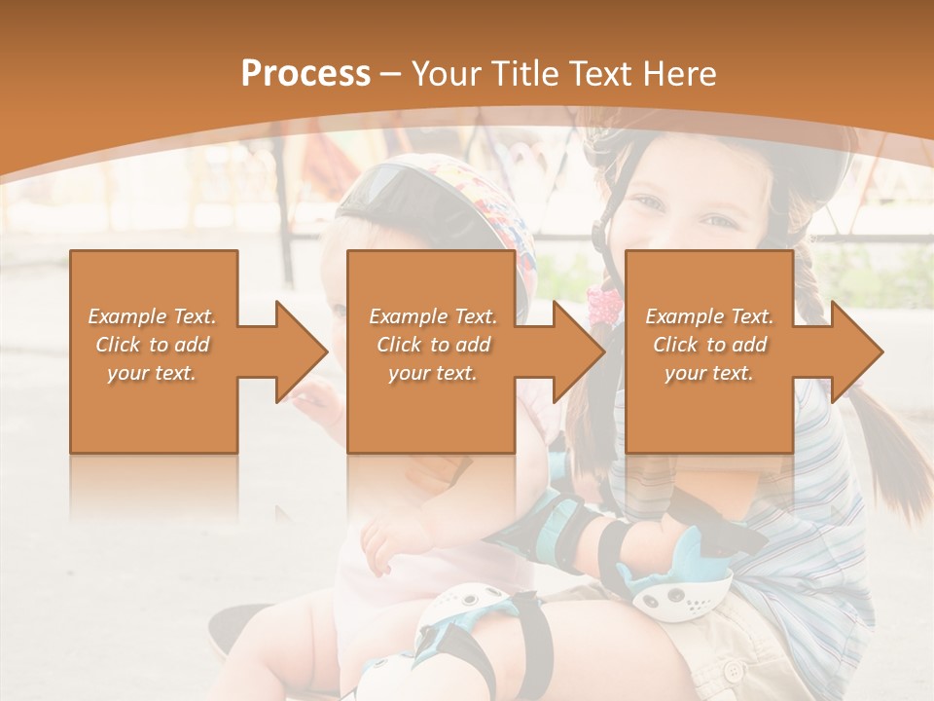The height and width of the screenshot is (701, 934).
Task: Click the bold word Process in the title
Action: pos(305,74)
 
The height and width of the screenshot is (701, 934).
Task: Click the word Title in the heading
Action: pos(525,74)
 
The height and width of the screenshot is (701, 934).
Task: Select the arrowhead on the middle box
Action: pos(577,351)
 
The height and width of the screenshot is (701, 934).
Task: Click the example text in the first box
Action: pos(153,345)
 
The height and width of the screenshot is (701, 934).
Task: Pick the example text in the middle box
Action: pos(433,345)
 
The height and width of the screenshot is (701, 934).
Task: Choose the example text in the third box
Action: pos(709,345)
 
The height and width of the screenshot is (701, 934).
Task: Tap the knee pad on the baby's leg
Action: pos(457,623)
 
